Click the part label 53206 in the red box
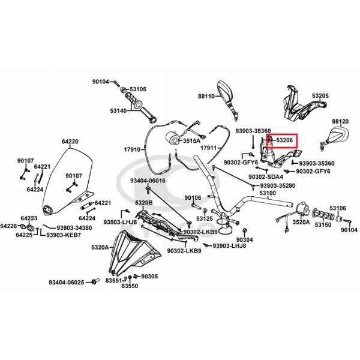pyautogui.click(x=284, y=140)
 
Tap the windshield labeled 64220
pyautogui.click(x=69, y=179)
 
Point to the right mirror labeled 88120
pyautogui.click(x=337, y=137)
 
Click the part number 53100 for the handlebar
pyautogui.click(x=268, y=193)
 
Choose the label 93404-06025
pyautogui.click(x=67, y=282)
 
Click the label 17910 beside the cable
pyautogui.click(x=132, y=149)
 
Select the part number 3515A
pyautogui.click(x=191, y=141)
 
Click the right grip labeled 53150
pyautogui.click(x=323, y=214)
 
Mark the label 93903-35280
pyautogui.click(x=278, y=185)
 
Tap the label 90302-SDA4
pyautogui.click(x=266, y=177)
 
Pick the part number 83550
pyautogui.click(x=130, y=286)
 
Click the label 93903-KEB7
pyautogui.click(x=64, y=235)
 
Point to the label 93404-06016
pyautogui.click(x=148, y=181)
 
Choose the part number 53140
pyautogui.click(x=118, y=111)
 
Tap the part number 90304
pyautogui.click(x=245, y=240)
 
